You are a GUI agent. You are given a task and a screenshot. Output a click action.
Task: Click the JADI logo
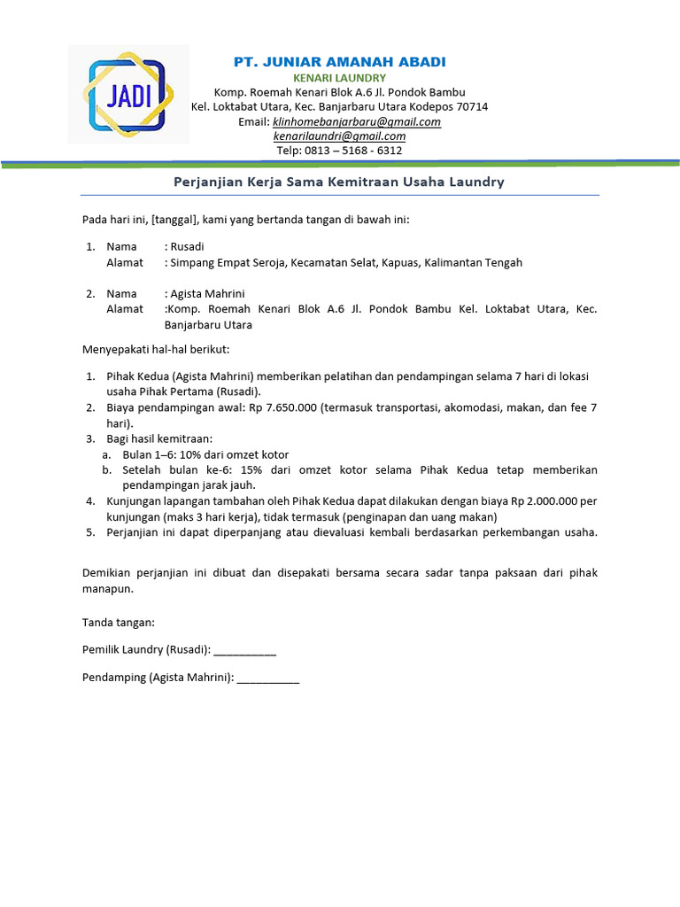point(128,94)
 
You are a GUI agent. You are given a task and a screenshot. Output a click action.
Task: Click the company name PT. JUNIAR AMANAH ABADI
point(339,61)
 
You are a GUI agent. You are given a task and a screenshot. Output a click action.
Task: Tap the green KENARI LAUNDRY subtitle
point(339,78)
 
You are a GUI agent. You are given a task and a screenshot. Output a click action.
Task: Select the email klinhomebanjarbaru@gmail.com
point(356,121)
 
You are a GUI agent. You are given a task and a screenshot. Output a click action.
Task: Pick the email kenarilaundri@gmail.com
point(339,136)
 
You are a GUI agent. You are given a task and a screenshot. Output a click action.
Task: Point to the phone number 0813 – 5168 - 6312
point(353,150)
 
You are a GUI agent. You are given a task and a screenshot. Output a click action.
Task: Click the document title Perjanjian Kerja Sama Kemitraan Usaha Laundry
point(339,182)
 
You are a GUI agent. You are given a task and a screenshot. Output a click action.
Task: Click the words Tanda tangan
point(118,623)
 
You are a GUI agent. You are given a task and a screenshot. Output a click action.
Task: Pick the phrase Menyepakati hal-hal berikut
point(156,349)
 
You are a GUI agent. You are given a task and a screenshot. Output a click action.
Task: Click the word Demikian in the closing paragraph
point(106,572)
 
